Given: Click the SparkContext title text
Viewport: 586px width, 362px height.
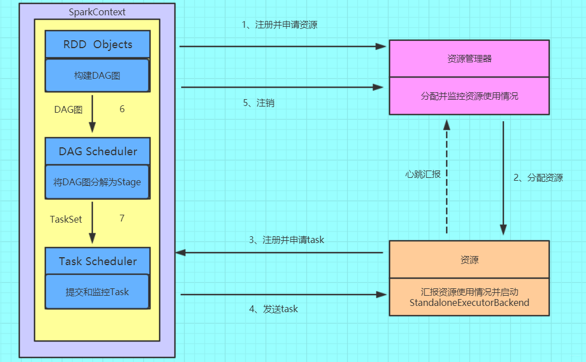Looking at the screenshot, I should (97, 11).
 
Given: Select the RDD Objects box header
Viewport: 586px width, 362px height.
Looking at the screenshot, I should (97, 45).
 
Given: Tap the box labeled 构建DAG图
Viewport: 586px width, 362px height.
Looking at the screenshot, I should (97, 75).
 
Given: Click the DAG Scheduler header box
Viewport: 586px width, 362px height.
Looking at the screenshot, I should (97, 152).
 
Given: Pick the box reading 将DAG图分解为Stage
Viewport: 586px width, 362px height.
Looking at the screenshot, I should (97, 182).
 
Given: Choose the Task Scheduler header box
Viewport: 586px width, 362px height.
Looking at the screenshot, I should (97, 261).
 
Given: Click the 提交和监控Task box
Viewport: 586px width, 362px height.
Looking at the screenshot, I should (97, 292).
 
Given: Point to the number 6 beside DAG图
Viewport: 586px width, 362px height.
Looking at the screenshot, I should (122, 109).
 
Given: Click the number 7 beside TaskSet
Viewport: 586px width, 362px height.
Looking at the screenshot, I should (122, 218).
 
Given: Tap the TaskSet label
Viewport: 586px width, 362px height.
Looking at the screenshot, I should (66, 219).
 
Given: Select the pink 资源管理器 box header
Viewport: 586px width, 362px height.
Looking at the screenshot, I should (469, 58).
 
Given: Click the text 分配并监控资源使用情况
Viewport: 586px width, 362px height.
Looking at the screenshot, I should (469, 96).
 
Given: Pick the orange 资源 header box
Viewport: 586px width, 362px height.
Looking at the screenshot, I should (469, 259).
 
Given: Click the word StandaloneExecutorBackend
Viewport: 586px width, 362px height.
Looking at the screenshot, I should (469, 303).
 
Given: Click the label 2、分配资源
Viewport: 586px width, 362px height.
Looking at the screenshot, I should (538, 178).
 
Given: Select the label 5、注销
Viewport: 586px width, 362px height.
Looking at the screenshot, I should (259, 103).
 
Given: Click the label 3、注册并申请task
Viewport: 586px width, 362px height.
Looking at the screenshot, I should (286, 240).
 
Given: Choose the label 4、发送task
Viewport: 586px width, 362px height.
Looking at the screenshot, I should (273, 309).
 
